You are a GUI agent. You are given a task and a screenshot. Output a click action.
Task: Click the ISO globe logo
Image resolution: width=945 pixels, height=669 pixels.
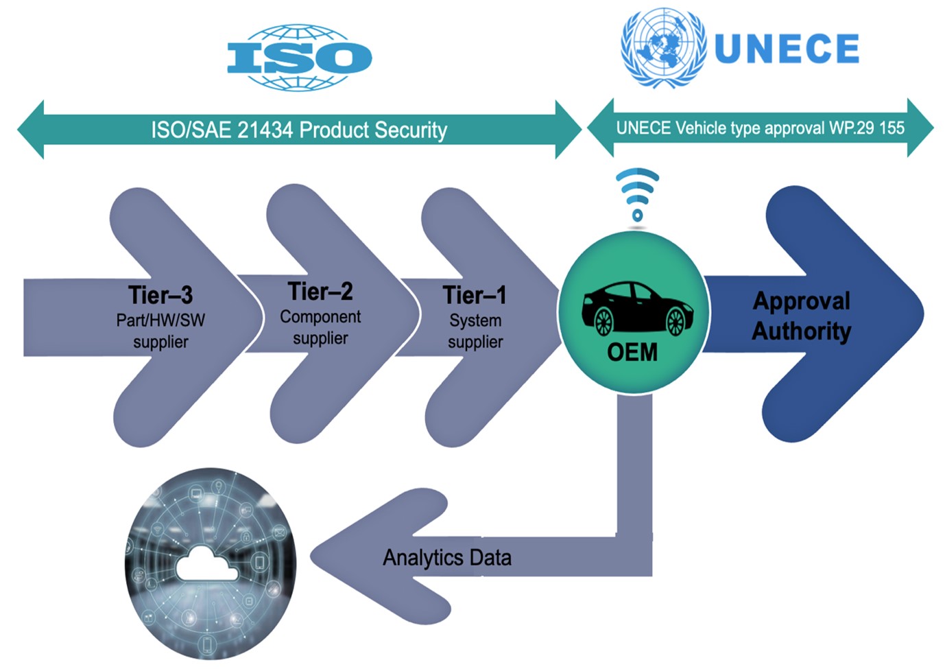point(300,58)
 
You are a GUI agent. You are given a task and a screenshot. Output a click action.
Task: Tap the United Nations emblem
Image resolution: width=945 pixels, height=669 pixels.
point(664,47)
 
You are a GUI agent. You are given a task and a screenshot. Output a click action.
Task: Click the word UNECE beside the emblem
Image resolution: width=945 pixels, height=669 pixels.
point(787,49)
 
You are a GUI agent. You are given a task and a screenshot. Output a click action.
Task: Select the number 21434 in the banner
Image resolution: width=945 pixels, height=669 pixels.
point(265,130)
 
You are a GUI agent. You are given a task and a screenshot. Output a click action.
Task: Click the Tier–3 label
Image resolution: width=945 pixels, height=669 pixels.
point(160,294)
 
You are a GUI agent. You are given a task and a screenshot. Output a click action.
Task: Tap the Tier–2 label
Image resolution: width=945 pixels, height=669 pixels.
point(320,291)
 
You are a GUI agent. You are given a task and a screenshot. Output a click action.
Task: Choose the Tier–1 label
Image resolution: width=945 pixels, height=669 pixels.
point(475,295)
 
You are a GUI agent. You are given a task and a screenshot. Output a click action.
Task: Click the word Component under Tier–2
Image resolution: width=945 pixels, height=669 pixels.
point(320,316)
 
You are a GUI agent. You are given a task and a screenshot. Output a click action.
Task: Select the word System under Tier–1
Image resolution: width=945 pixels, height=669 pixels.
point(475,321)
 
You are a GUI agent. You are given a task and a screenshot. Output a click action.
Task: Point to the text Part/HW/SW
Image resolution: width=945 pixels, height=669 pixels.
point(160,320)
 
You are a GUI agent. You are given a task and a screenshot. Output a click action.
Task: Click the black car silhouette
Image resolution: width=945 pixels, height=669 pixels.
point(637,309)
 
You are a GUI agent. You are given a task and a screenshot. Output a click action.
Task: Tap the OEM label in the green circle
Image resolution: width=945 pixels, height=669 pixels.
point(632,352)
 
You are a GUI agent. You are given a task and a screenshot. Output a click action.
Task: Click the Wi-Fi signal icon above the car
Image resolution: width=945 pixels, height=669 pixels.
point(638,195)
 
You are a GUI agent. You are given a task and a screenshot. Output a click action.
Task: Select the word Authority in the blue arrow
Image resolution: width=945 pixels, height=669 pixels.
point(801,331)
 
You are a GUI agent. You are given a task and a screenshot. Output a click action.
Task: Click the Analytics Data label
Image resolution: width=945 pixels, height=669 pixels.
point(447,558)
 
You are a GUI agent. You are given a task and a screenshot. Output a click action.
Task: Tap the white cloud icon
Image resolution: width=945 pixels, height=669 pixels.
point(207,563)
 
